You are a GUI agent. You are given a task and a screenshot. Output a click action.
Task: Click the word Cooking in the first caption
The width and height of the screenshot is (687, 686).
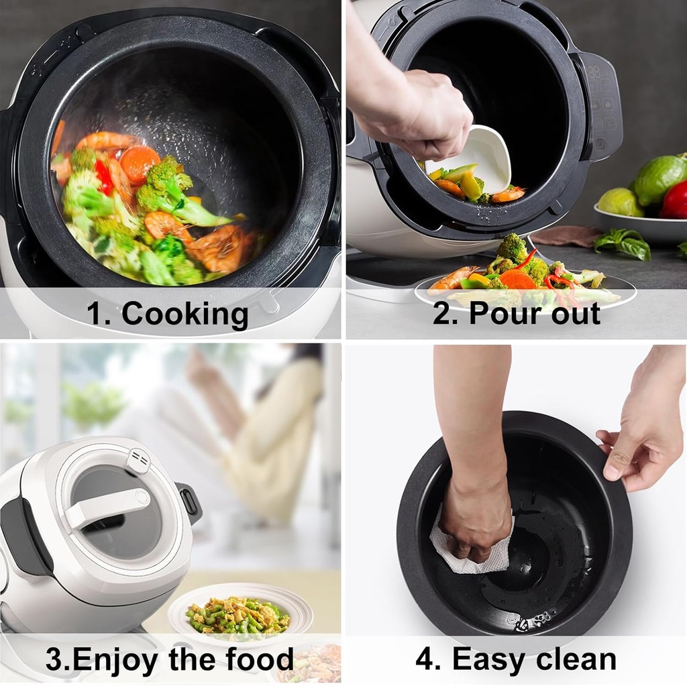click(x=184, y=314)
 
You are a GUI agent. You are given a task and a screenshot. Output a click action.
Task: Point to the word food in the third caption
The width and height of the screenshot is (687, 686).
click(x=256, y=659)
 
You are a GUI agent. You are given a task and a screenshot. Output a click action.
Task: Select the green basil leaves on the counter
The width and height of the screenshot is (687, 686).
click(x=624, y=243)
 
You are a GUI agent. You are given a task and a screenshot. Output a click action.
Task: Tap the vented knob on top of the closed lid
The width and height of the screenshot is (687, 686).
click(x=139, y=460)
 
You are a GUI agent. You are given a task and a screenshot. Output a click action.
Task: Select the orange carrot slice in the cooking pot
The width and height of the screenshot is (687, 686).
click(x=140, y=163)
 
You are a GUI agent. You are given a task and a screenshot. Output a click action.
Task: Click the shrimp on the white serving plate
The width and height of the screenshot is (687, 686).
click(x=452, y=280)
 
